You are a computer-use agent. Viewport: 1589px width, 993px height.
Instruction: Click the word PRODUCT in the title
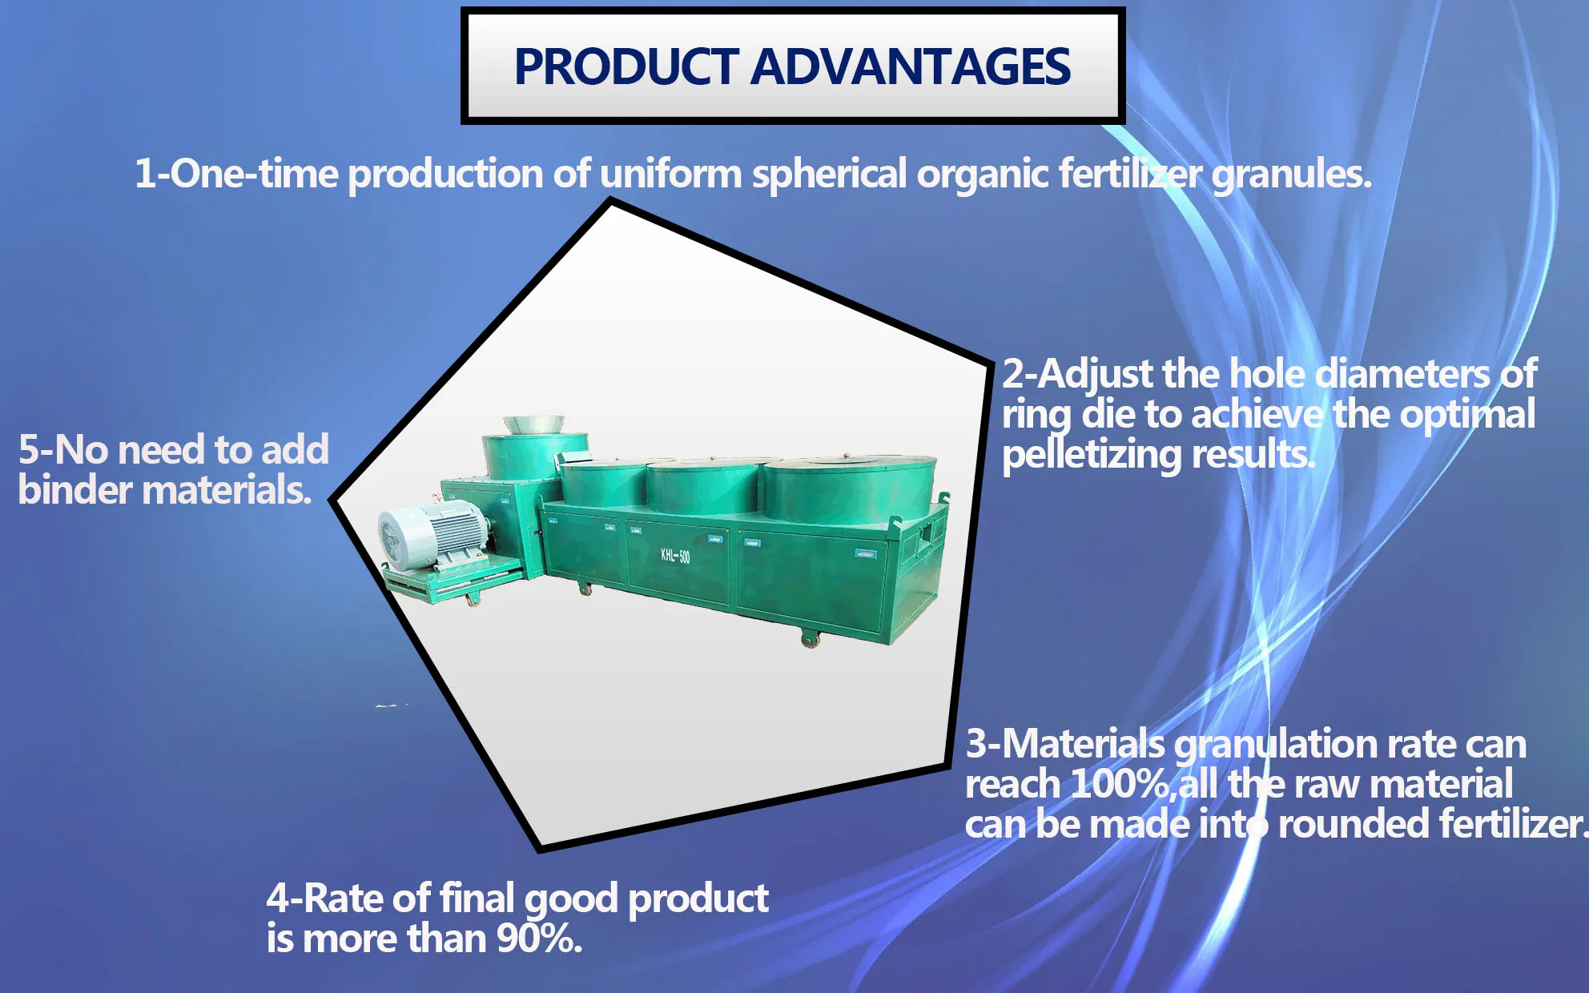(x=626, y=66)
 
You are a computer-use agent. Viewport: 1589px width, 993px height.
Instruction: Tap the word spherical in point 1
(x=829, y=174)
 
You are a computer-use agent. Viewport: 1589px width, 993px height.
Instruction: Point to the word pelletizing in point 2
(x=1092, y=455)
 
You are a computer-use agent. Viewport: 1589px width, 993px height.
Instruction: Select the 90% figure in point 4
(x=537, y=939)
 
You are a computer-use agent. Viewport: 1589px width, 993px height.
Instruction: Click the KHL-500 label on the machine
(x=674, y=556)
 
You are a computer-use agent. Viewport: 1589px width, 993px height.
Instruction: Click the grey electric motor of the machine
(x=432, y=535)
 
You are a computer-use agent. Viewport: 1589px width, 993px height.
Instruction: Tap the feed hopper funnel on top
(x=533, y=424)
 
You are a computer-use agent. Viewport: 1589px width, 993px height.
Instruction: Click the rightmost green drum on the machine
(x=849, y=488)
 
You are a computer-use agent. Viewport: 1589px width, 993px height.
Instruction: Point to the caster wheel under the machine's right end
(x=811, y=639)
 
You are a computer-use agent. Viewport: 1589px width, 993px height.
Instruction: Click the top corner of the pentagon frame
(x=611, y=202)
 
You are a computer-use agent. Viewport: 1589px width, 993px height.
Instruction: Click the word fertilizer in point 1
(x=1130, y=174)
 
